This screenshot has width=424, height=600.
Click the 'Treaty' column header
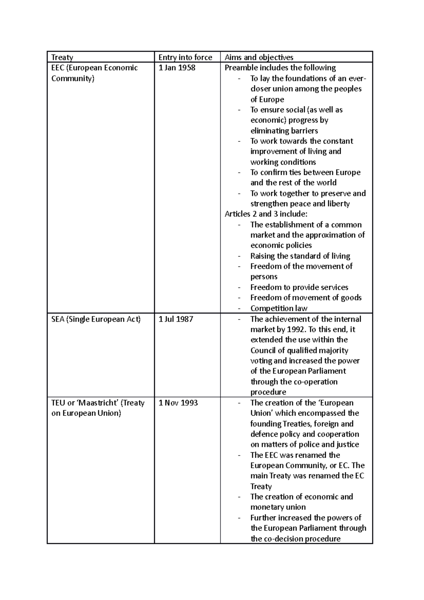click(x=62, y=57)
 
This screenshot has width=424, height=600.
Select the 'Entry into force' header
click(x=185, y=57)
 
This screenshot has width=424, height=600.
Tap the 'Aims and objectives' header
click(x=259, y=57)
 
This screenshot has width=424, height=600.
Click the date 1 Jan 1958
click(x=177, y=67)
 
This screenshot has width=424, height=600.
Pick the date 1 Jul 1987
click(x=176, y=319)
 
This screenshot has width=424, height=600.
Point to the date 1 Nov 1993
click(x=178, y=403)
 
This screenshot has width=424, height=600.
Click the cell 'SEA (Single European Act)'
click(x=96, y=319)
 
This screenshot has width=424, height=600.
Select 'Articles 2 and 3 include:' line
click(x=266, y=214)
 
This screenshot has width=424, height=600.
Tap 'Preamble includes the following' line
click(x=280, y=67)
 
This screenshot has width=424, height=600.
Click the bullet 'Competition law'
click(x=279, y=308)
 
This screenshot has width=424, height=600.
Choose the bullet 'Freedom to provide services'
click(x=299, y=287)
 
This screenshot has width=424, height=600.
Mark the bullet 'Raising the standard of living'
click(x=300, y=256)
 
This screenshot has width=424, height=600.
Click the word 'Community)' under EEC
click(x=73, y=78)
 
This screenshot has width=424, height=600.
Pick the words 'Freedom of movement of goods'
click(x=306, y=298)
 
